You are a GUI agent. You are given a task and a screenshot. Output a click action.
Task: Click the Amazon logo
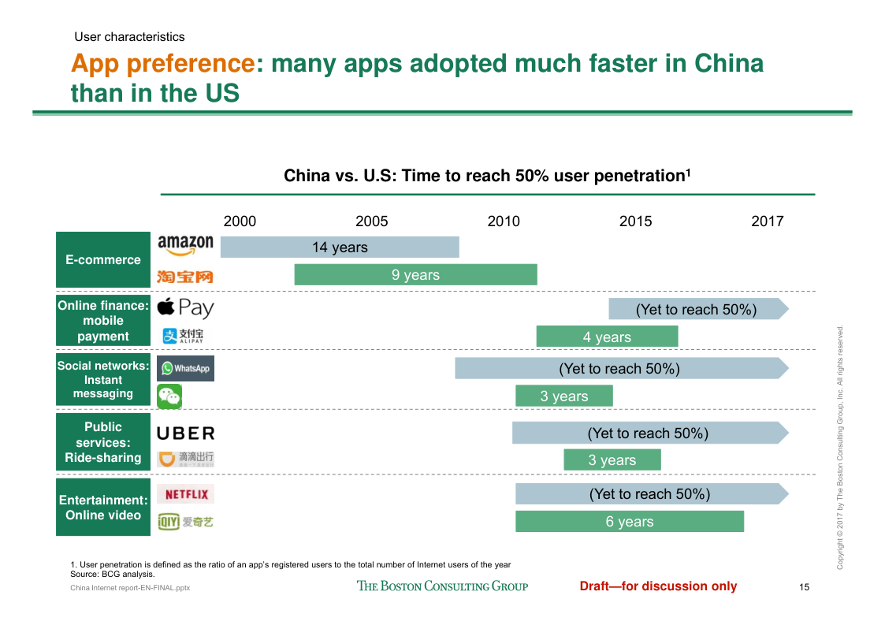(x=186, y=245)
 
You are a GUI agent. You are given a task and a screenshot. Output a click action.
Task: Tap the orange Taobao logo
(x=185, y=277)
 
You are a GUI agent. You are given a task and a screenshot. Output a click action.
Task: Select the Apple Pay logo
(x=185, y=307)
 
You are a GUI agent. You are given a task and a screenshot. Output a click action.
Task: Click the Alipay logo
(x=183, y=336)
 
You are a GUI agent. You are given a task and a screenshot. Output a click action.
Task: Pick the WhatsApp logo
(x=185, y=368)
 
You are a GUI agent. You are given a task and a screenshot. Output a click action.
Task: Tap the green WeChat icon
(x=169, y=396)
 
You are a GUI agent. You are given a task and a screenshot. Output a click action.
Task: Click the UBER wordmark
(x=186, y=433)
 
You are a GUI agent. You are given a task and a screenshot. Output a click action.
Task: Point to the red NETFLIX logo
(x=186, y=494)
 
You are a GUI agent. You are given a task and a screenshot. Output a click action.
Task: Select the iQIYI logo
(x=186, y=522)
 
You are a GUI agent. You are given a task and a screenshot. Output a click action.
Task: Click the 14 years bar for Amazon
(x=340, y=247)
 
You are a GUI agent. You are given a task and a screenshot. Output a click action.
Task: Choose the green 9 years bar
(x=416, y=274)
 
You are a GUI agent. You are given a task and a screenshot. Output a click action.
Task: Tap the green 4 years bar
(x=608, y=337)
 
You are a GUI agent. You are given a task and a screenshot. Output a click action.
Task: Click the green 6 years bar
(x=630, y=521)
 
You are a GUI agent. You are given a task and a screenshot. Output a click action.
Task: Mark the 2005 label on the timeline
(x=372, y=221)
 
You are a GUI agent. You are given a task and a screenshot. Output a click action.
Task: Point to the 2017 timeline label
(x=768, y=221)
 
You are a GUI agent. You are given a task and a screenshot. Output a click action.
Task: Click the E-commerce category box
(x=103, y=260)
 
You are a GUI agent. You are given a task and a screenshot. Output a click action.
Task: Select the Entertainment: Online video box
(x=103, y=507)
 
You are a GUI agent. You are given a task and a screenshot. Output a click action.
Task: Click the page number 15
(x=805, y=587)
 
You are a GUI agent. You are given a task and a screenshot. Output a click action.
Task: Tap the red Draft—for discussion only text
(x=658, y=586)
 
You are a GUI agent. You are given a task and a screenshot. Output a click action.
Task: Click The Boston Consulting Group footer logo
(x=443, y=586)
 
